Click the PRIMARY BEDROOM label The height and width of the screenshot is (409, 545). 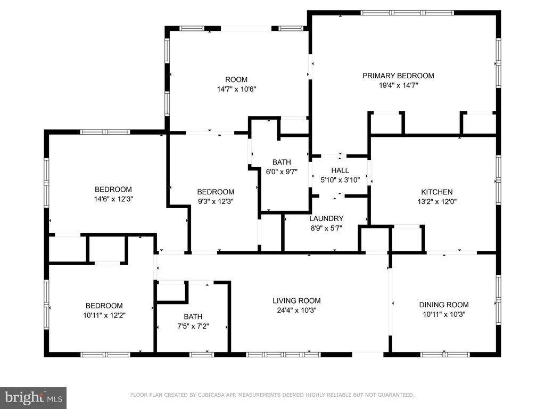[398, 76]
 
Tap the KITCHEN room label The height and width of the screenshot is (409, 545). [437, 192]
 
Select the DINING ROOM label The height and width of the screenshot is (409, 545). [444, 305]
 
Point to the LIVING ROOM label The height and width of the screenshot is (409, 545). [296, 301]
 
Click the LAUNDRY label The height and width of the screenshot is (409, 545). [326, 218]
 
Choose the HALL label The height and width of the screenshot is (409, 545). [340, 170]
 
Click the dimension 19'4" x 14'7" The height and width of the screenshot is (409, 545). [398, 85]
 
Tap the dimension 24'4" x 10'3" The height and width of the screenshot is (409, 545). [296, 310]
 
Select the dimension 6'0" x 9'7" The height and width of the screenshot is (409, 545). [282, 171]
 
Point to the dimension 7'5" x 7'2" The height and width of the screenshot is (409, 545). [193, 326]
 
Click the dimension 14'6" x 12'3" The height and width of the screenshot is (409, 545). [113, 199]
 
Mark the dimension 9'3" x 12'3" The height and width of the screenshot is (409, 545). [216, 201]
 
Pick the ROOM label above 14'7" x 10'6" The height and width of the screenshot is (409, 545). [236, 80]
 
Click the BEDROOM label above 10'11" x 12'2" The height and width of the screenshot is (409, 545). [104, 306]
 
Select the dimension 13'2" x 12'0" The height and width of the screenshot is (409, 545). [437, 201]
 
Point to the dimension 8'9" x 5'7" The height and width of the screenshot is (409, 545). [326, 228]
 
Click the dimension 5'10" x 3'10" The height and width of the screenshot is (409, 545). [340, 180]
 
